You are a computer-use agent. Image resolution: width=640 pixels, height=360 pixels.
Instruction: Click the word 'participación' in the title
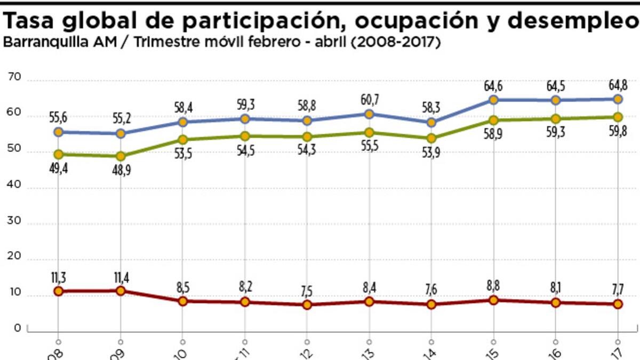pos(263,22)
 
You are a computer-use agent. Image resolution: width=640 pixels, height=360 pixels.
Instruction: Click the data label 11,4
pos(121,277)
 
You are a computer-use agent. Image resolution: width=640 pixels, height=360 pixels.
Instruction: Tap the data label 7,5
pos(307,291)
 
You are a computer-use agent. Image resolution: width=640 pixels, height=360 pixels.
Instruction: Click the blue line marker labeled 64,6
pos(493,100)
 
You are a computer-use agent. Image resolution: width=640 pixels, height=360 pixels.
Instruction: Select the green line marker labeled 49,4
pos(59,154)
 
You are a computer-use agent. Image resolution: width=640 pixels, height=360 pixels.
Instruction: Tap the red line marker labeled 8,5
pos(183,301)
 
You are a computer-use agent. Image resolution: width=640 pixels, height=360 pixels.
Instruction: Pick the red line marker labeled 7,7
pos(618,303)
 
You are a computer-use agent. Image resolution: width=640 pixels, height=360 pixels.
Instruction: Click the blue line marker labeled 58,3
pos(431,122)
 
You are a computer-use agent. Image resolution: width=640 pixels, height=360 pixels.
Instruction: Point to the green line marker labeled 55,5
pos(369,132)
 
